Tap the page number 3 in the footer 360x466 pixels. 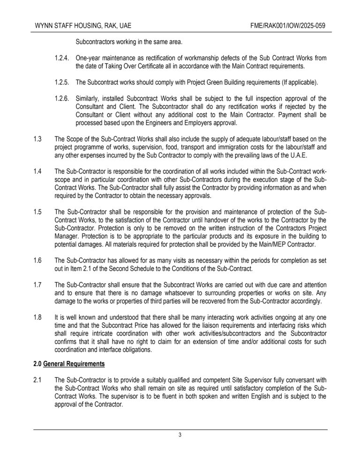[180, 435]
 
